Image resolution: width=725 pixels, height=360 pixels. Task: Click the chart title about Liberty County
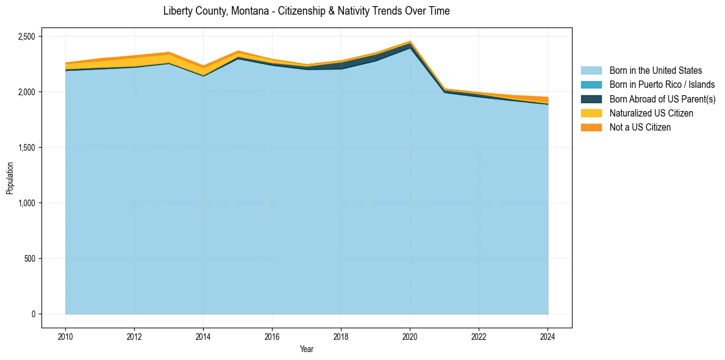pyautogui.click(x=306, y=11)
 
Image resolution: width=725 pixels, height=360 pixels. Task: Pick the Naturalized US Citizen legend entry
pyautogui.click(x=651, y=113)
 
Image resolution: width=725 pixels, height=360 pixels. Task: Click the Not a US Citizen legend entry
pyautogui.click(x=640, y=128)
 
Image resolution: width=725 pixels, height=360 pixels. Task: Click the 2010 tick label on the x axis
pyautogui.click(x=65, y=336)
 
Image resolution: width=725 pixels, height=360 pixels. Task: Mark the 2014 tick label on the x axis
pyautogui.click(x=203, y=336)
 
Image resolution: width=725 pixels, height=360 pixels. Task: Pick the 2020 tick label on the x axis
pyautogui.click(x=410, y=336)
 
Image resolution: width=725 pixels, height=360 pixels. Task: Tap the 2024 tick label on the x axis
pyautogui.click(x=548, y=336)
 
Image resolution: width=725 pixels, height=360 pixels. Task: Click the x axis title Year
pyautogui.click(x=306, y=349)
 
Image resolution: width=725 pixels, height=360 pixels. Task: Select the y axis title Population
pyautogui.click(x=10, y=178)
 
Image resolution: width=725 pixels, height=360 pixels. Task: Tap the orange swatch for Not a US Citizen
pyautogui.click(x=591, y=128)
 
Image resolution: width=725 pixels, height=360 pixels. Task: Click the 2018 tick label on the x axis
pyautogui.click(x=341, y=336)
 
